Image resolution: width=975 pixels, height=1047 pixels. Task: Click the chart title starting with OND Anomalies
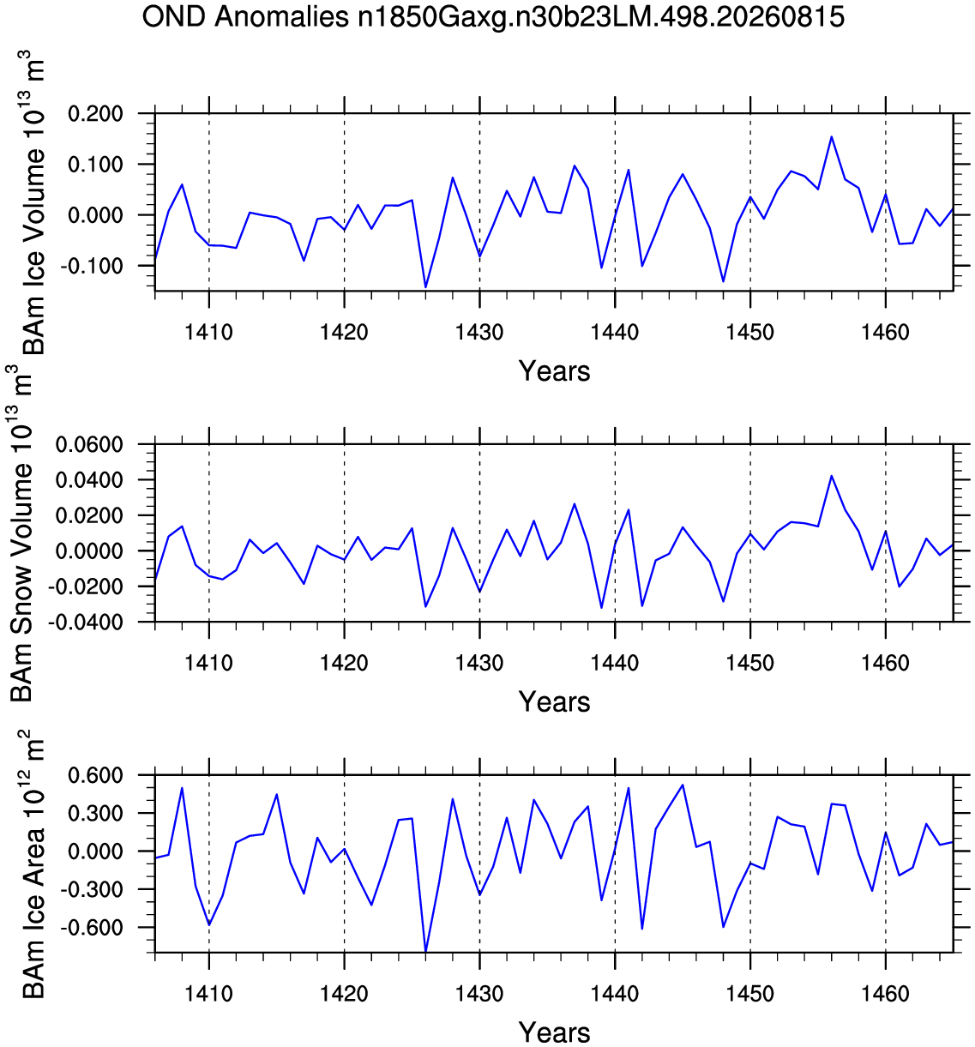[x=493, y=17]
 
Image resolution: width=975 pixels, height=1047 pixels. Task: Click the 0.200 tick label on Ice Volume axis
[x=95, y=114]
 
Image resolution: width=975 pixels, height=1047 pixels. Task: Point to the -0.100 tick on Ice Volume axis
[x=92, y=266]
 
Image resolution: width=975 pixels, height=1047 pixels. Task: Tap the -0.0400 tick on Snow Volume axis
[x=86, y=622]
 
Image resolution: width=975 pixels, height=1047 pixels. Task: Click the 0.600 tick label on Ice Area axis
[x=95, y=775]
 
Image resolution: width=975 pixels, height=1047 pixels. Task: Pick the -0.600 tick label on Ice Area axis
[x=92, y=927]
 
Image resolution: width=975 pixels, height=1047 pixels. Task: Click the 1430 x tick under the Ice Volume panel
[x=479, y=332]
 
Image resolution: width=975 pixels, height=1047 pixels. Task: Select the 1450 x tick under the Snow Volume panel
[x=749, y=663]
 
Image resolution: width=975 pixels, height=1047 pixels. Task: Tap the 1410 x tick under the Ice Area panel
[x=209, y=994]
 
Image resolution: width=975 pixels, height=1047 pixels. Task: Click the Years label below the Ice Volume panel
[x=554, y=371]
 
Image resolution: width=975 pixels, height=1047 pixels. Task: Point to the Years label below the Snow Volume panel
[x=554, y=701]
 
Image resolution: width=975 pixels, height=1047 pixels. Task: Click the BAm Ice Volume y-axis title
[x=33, y=202]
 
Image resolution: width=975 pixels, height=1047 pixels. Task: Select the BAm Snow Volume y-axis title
[x=21, y=533]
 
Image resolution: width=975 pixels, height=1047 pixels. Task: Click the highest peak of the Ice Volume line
[x=832, y=136]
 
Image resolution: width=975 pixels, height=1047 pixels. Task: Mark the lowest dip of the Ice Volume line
[x=425, y=286]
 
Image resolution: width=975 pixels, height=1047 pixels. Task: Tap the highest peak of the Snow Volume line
[x=832, y=476]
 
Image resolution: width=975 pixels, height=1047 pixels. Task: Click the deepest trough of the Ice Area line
[x=425, y=950]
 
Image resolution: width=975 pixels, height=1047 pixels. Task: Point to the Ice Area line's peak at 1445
[x=683, y=785]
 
